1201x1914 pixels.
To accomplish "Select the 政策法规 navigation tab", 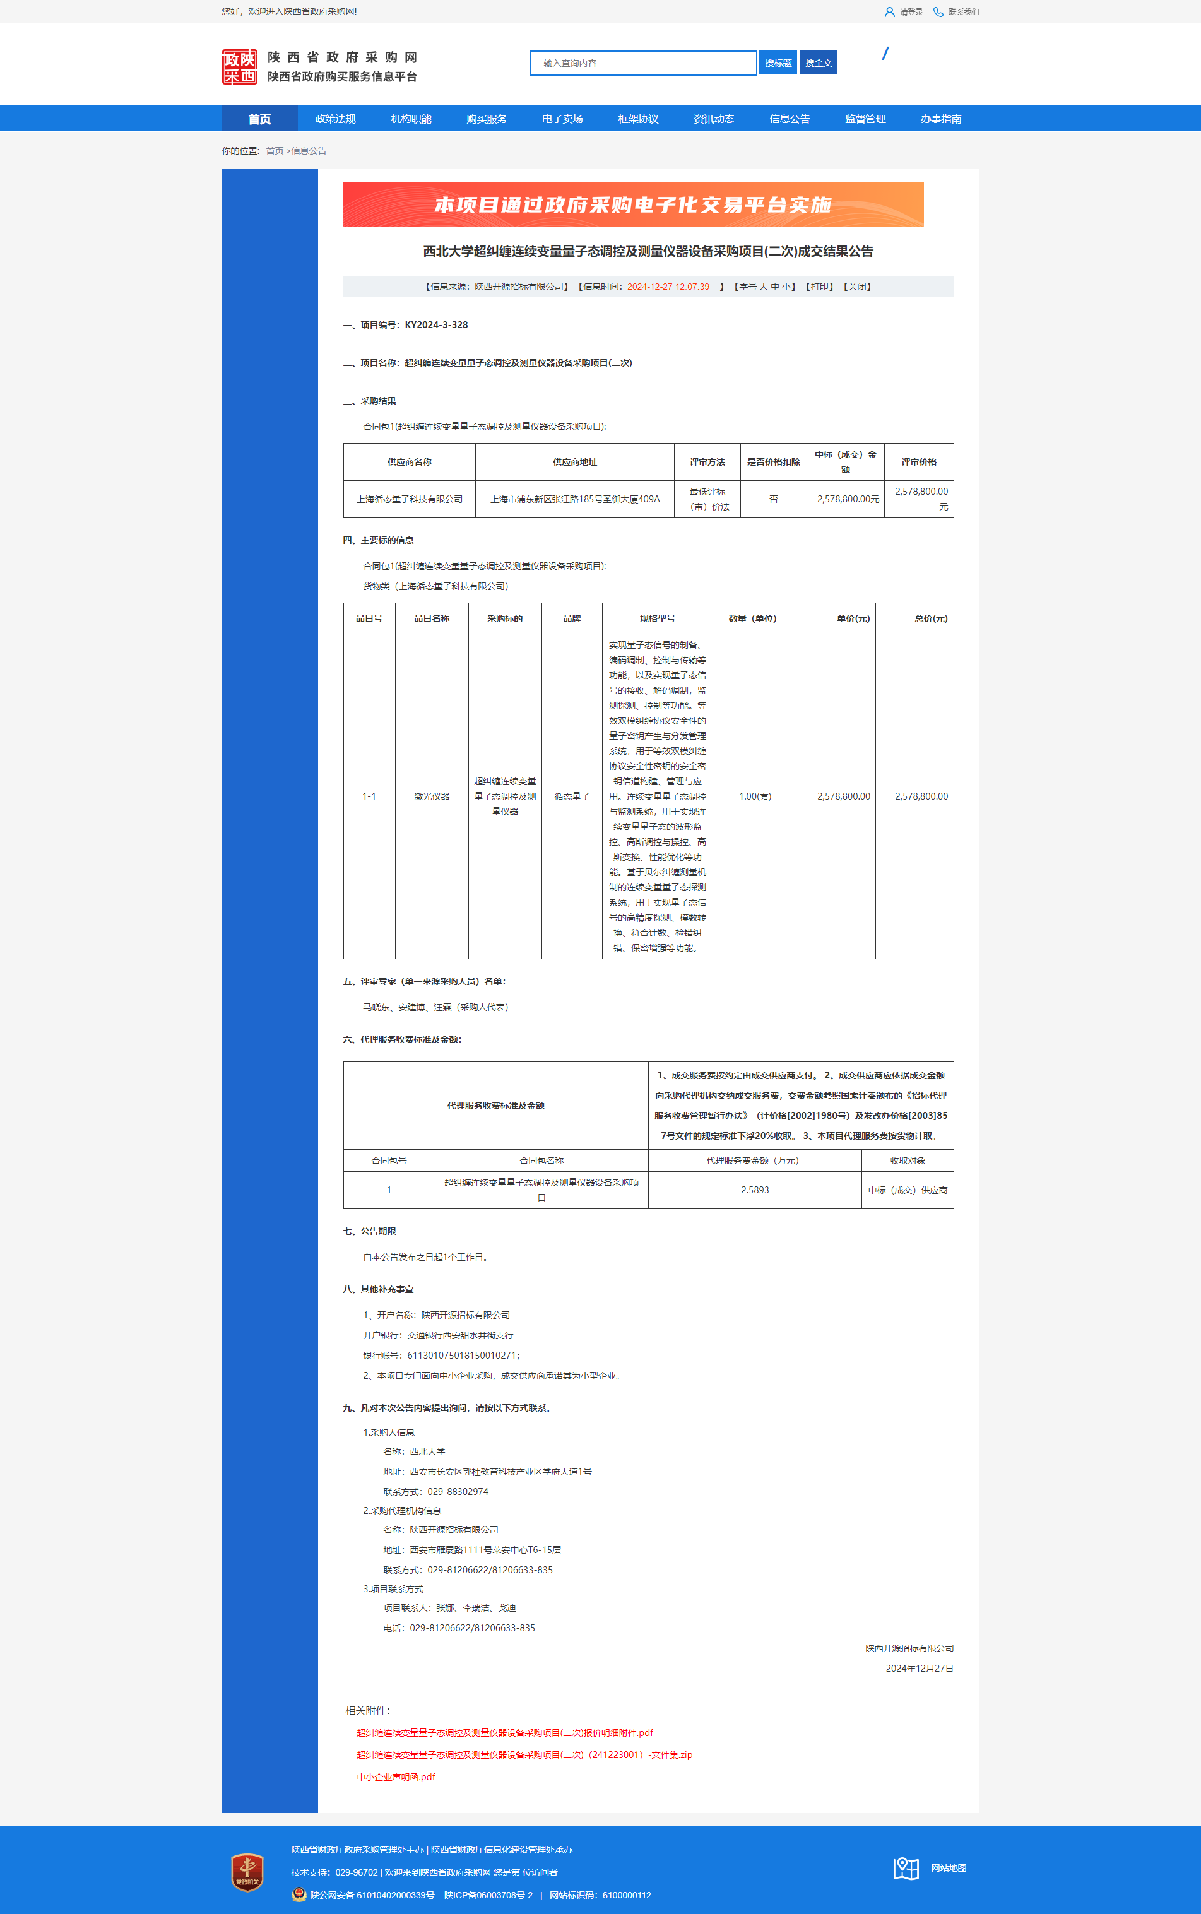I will pyautogui.click(x=335, y=119).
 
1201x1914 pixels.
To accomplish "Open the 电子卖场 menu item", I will pyautogui.click(x=562, y=119).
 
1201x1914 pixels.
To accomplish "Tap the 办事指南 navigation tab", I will pyautogui.click(x=940, y=119).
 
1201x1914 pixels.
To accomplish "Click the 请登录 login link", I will pyautogui.click(x=910, y=12).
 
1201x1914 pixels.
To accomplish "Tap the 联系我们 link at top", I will pyautogui.click(x=962, y=12).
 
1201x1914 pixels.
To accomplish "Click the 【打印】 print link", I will pyautogui.click(x=820, y=287).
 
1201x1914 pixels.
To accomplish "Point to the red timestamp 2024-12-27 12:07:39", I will pyautogui.click(x=668, y=287).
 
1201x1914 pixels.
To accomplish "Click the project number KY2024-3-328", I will pyautogui.click(x=436, y=325).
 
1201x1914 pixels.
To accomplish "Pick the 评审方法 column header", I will pyautogui.click(x=707, y=462).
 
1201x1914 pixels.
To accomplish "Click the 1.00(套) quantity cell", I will pyautogui.click(x=755, y=796).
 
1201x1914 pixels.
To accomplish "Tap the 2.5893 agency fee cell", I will pyautogui.click(x=755, y=1190).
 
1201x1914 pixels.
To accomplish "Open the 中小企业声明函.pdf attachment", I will pyautogui.click(x=396, y=1776).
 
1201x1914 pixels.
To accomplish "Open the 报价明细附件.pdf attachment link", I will pyautogui.click(x=504, y=1733).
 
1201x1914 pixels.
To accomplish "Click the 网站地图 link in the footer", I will pyautogui.click(x=949, y=1868).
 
